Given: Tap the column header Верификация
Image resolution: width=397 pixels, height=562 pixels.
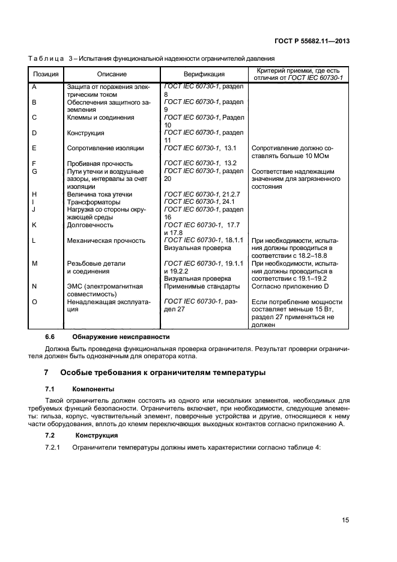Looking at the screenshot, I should click(x=204, y=75).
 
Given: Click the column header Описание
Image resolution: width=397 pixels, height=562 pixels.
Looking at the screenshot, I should click(x=112, y=75).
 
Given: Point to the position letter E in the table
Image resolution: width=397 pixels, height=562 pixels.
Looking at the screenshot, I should click(x=34, y=148).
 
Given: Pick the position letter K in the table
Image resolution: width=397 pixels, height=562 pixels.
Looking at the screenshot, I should click(x=34, y=225).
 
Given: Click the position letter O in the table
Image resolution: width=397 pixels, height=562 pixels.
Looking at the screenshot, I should click(x=34, y=302).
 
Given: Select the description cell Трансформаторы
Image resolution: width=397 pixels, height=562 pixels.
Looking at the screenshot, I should click(x=93, y=202).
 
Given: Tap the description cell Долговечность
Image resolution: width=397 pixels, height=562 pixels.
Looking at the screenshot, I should click(x=90, y=225).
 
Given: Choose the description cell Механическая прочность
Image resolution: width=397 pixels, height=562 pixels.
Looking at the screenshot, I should click(x=106, y=240).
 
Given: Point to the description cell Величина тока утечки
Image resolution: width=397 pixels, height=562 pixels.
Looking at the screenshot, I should click(x=100, y=194).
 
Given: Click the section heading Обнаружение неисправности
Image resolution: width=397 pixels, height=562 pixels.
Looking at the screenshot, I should click(x=121, y=336).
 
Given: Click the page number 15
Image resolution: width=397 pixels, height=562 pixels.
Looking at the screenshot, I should click(x=345, y=520).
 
